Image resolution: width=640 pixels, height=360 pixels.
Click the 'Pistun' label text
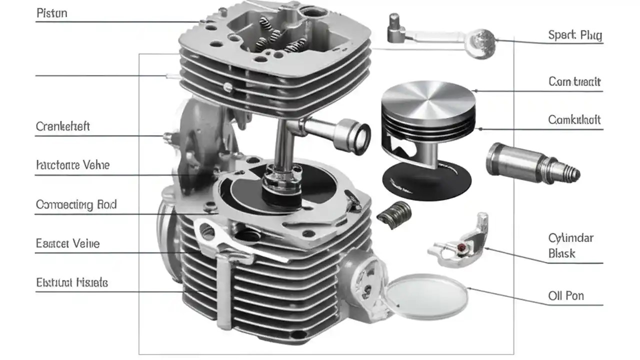[51, 13]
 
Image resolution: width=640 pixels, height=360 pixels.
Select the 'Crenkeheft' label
[62, 126]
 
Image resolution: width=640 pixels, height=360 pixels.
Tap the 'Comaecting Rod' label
[76, 204]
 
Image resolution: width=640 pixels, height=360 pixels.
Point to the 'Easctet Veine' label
[67, 243]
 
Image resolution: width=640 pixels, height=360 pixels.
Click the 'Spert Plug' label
[574, 35]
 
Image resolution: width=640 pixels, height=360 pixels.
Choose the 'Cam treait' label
[574, 81]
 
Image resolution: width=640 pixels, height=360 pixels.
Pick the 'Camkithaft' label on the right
[574, 120]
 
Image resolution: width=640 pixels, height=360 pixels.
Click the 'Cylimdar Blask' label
[570, 245]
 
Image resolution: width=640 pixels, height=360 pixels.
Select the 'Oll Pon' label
[566, 295]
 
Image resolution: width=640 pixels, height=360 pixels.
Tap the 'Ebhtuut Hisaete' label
[71, 282]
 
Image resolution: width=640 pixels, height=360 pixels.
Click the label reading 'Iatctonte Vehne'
[72, 164]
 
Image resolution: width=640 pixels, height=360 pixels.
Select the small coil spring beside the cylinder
[394, 212]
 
